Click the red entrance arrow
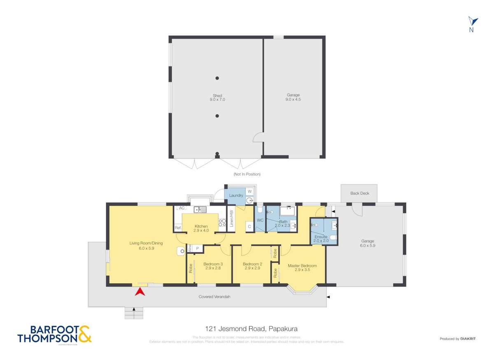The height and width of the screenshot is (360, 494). tap(140, 292)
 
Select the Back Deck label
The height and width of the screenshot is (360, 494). tap(359, 193)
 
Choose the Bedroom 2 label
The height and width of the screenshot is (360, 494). tap(252, 264)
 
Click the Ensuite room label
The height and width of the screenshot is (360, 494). tap(321, 237)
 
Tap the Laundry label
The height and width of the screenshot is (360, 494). tap(236, 195)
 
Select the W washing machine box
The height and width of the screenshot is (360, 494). tap(249, 191)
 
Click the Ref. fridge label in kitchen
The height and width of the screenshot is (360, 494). tap(178, 228)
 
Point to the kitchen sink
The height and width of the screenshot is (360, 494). tap(200, 209)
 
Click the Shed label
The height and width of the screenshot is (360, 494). tap(217, 96)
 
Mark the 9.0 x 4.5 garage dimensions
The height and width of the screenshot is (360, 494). tap(293, 100)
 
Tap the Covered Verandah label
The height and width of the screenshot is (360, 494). tap(212, 297)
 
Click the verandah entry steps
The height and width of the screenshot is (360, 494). tap(134, 313)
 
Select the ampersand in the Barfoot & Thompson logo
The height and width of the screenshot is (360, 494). tap(85, 334)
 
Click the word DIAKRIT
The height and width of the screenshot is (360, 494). tap(468, 339)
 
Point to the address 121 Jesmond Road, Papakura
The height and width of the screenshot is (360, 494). tap(251, 329)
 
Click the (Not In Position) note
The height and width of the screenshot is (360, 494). tap(247, 174)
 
